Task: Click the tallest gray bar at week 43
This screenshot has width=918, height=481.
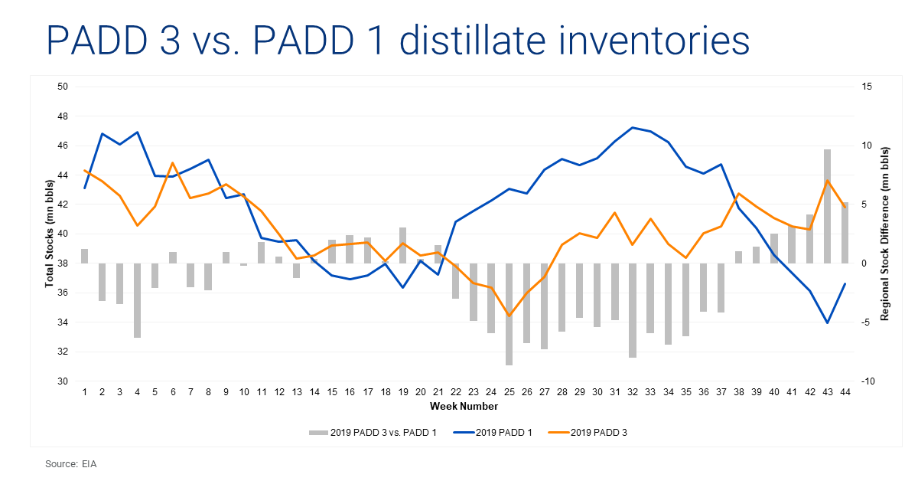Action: (x=827, y=207)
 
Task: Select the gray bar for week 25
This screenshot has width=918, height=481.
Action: (x=509, y=314)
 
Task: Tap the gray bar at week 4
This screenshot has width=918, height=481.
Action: (x=137, y=300)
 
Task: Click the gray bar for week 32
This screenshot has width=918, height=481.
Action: (x=633, y=310)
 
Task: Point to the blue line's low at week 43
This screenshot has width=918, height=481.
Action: (x=827, y=323)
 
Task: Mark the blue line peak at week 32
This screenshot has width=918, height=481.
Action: (x=633, y=128)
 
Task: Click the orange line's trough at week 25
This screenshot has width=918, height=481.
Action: (x=509, y=316)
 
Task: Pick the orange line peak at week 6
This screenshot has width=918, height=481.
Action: (x=173, y=163)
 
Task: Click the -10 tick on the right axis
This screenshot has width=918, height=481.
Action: (x=868, y=381)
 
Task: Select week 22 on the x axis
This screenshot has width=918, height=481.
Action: (x=456, y=392)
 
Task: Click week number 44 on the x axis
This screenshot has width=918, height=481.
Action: (x=845, y=392)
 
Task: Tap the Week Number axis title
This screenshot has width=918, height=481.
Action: (x=464, y=406)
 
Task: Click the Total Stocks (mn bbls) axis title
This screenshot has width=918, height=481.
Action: (x=50, y=234)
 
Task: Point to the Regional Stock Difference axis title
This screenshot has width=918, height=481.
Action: (x=885, y=234)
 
